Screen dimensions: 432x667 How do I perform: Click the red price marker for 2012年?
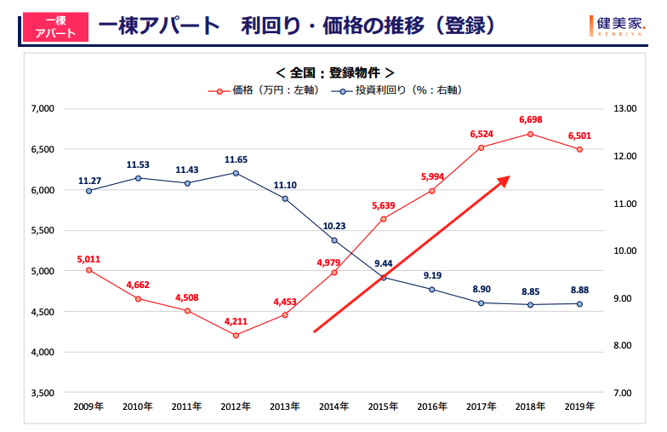click(x=236, y=335)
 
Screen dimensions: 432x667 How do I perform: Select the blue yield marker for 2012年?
click(x=236, y=173)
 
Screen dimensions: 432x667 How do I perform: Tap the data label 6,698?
click(x=530, y=120)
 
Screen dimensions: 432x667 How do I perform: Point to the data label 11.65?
click(x=236, y=159)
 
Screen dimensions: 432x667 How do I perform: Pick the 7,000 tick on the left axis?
click(x=41, y=109)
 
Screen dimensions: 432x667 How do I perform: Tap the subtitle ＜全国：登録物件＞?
click(x=334, y=72)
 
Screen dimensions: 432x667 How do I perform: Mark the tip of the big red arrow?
click(x=509, y=177)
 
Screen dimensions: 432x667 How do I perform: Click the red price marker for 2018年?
click(x=530, y=134)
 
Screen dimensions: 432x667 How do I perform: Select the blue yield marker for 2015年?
click(x=383, y=278)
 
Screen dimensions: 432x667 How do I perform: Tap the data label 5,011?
click(x=88, y=257)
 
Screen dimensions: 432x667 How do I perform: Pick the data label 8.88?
click(x=579, y=291)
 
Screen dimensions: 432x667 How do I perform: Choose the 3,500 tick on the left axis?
click(x=41, y=393)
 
